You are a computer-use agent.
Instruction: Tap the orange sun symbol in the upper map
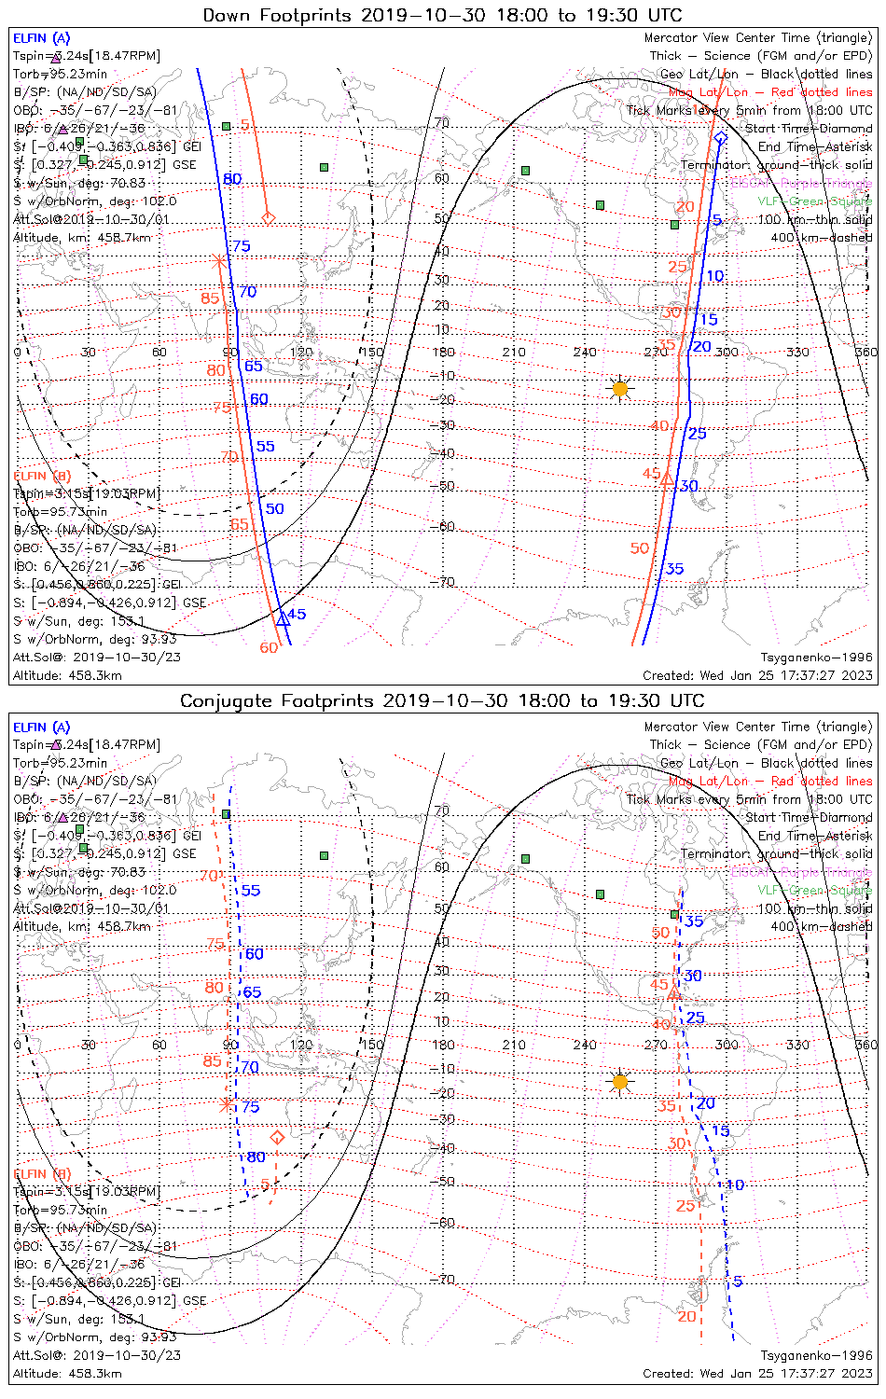620,388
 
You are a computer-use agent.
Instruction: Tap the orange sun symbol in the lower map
620,1081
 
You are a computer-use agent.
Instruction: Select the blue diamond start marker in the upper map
720,139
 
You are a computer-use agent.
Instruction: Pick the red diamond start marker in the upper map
269,218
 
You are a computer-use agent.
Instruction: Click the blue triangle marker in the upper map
282,617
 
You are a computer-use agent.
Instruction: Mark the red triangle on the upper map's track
666,478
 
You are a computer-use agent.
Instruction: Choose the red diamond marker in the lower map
277,1138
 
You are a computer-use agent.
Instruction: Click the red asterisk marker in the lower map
226,1104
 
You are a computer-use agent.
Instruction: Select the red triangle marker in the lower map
673,994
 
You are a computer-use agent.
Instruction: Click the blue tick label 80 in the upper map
232,179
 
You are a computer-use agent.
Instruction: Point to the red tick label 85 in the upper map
211,298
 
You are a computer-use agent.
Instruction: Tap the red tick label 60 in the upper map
269,647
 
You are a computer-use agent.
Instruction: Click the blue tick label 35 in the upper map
674,568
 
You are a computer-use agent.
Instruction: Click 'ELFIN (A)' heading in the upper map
41,38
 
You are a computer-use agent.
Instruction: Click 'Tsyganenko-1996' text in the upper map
817,657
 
